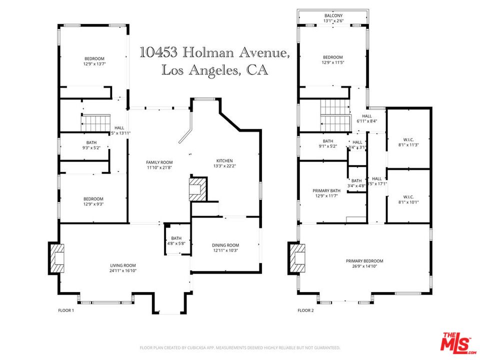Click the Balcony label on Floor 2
tap(332, 15)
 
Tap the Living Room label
tap(123, 265)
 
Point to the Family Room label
tap(159, 162)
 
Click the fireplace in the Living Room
tap(56, 257)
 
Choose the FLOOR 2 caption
tap(305, 310)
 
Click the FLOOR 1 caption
tap(66, 310)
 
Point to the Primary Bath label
tap(326, 190)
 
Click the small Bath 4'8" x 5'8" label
tap(176, 238)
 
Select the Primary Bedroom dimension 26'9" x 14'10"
tap(364, 266)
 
